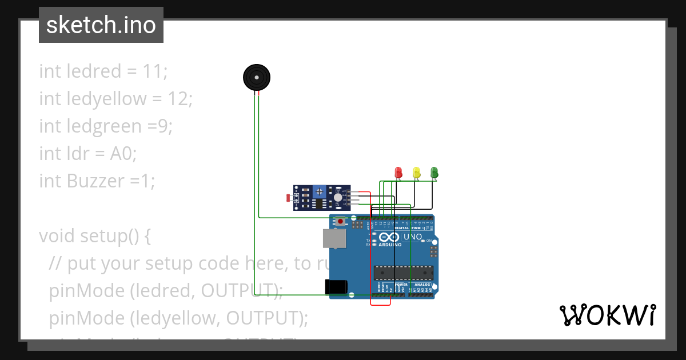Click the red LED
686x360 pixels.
[x=399, y=171]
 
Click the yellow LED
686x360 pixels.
[x=416, y=171]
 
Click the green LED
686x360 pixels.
[x=434, y=171]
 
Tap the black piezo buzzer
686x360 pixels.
[x=256, y=77]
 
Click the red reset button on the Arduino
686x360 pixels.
[x=341, y=221]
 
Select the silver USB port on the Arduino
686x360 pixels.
[x=334, y=238]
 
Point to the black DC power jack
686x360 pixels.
[x=335, y=287]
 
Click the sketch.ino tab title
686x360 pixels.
[x=101, y=25]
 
